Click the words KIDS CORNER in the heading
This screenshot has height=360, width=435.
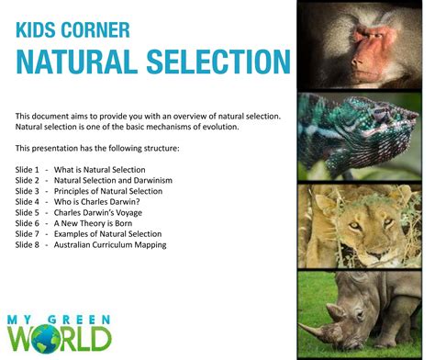72,30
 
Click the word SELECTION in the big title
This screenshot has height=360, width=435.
210,62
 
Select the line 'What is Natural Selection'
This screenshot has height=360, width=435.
106,170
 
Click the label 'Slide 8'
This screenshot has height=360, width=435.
28,244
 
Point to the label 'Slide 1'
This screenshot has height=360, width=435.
28,170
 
